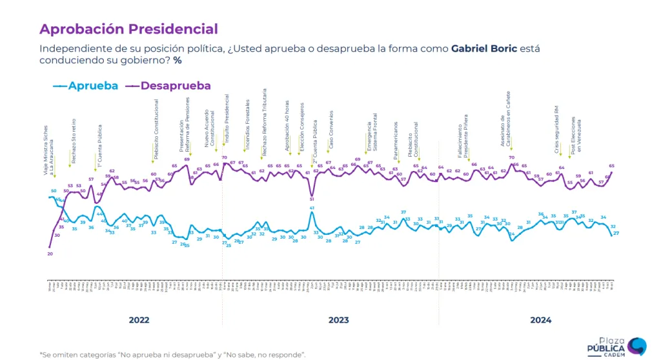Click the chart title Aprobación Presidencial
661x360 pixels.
tap(128, 29)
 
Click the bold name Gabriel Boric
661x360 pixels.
tap(484, 49)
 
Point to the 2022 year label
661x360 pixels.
tap(139, 320)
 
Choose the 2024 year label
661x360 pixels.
tap(540, 320)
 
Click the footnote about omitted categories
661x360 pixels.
tap(172, 354)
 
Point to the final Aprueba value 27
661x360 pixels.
tap(616, 233)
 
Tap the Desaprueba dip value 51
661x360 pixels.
tap(312, 199)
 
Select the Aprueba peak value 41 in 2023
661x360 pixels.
tap(312, 208)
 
